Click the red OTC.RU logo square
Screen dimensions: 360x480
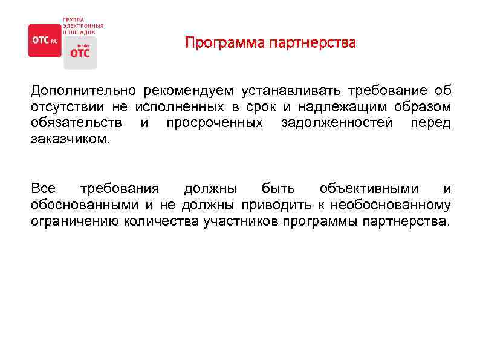(x=45, y=41)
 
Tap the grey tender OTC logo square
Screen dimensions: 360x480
(x=79, y=52)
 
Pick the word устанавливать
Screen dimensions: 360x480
(x=291, y=91)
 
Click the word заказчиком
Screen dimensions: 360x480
(x=71, y=139)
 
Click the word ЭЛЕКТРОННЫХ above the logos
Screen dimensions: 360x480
(x=83, y=25)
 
